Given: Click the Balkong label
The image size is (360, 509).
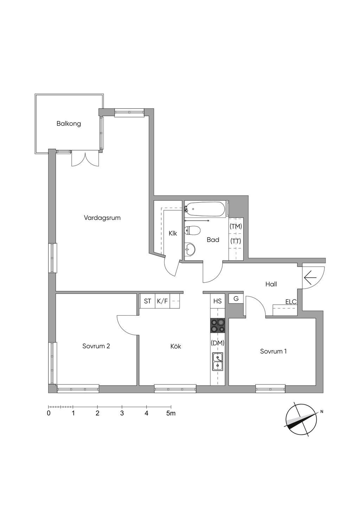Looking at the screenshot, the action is click(69, 124).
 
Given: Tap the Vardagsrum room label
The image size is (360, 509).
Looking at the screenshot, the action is click(102, 218).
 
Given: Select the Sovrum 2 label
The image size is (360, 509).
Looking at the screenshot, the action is click(96, 346).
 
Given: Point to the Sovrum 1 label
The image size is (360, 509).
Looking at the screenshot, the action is click(274, 351).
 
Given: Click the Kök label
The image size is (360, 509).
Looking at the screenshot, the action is click(176, 346).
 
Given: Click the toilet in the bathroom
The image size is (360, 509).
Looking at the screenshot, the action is click(192, 231).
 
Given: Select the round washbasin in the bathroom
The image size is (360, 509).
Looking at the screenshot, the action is click(190, 249).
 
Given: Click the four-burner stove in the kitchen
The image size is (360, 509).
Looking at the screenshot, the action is click(218, 326).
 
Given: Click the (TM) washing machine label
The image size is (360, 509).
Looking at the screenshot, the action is click(236, 226).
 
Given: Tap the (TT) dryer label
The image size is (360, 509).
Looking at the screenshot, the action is click(236, 241).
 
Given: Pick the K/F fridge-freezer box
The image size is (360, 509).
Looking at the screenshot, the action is click(162, 301).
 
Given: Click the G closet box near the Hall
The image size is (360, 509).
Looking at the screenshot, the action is click(236, 298).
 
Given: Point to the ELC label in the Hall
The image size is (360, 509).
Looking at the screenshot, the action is click(291, 302).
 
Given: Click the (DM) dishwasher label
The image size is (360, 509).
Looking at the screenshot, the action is click(218, 343).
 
